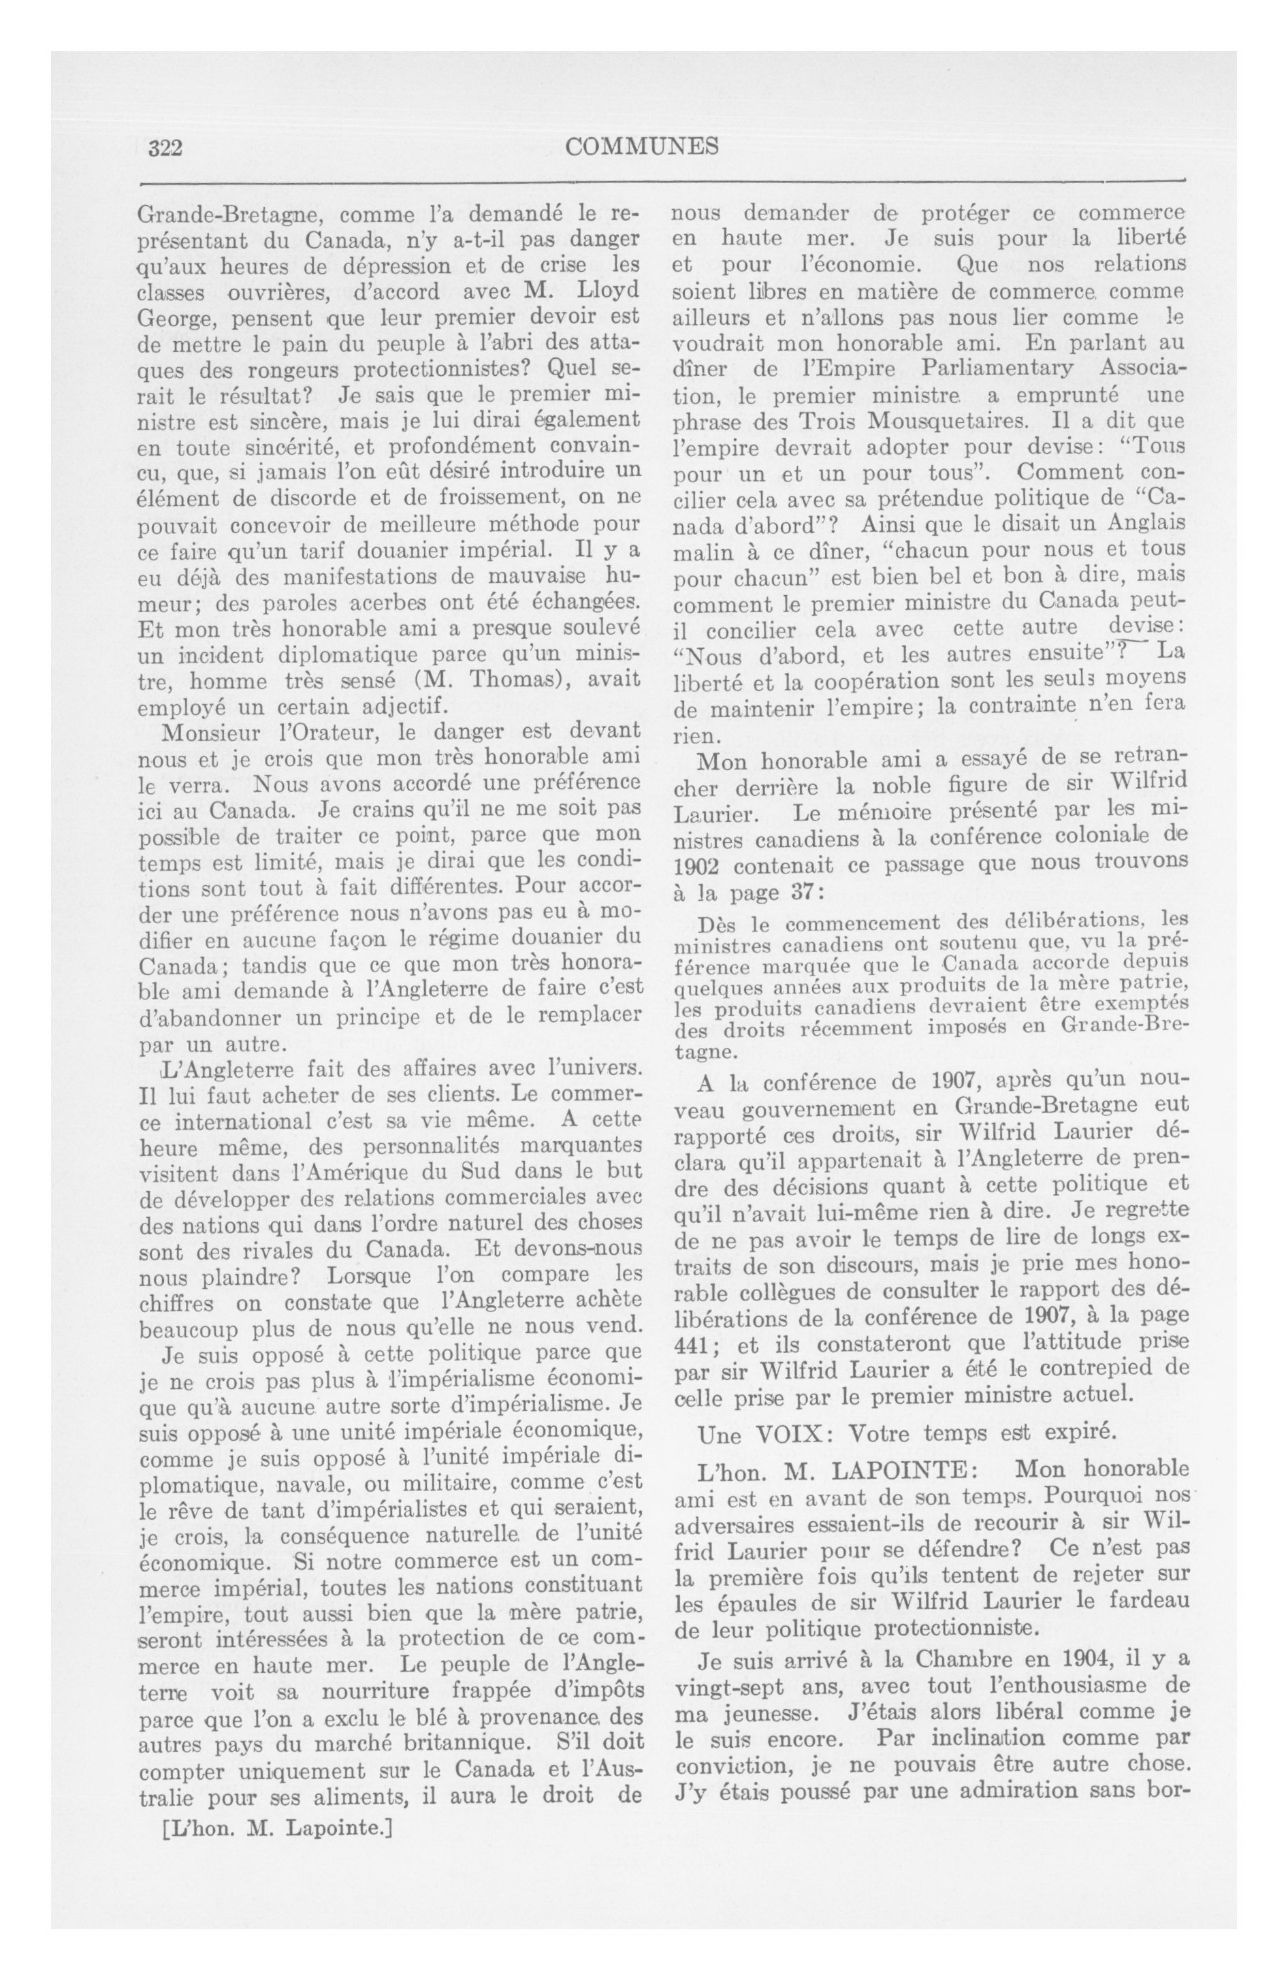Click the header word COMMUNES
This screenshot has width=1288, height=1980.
(641, 147)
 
